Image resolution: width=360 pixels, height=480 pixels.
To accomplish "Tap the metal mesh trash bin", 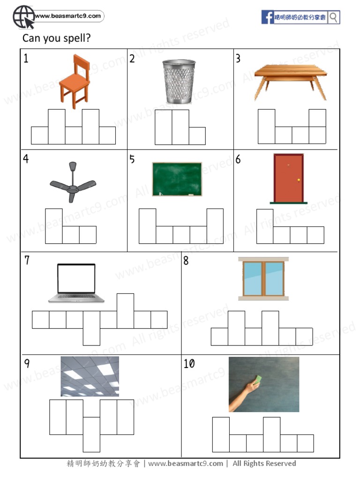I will click(x=179, y=81).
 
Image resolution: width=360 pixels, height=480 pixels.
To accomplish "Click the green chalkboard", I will click(x=177, y=179).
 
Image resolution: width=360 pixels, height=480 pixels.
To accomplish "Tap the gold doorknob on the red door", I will click(x=298, y=180).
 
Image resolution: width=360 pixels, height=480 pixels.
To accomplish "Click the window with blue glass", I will click(x=263, y=278).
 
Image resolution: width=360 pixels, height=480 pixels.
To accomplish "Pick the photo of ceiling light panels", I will click(x=90, y=376).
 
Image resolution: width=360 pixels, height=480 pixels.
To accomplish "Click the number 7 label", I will click(x=27, y=260).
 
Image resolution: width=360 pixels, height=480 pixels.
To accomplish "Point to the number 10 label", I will click(x=189, y=364).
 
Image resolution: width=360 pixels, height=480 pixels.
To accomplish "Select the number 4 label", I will click(x=26, y=159).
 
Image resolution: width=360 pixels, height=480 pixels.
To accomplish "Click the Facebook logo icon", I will click(x=268, y=17).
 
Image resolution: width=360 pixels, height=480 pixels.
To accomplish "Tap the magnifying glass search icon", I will click(x=334, y=17).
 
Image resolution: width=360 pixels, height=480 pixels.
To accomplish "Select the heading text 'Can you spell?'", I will click(x=56, y=38).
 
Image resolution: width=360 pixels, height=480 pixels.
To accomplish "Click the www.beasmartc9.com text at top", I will click(x=68, y=16).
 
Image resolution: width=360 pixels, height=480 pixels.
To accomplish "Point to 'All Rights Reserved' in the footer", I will click(x=264, y=464).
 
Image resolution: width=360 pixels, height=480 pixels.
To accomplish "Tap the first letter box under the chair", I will click(x=40, y=135).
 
